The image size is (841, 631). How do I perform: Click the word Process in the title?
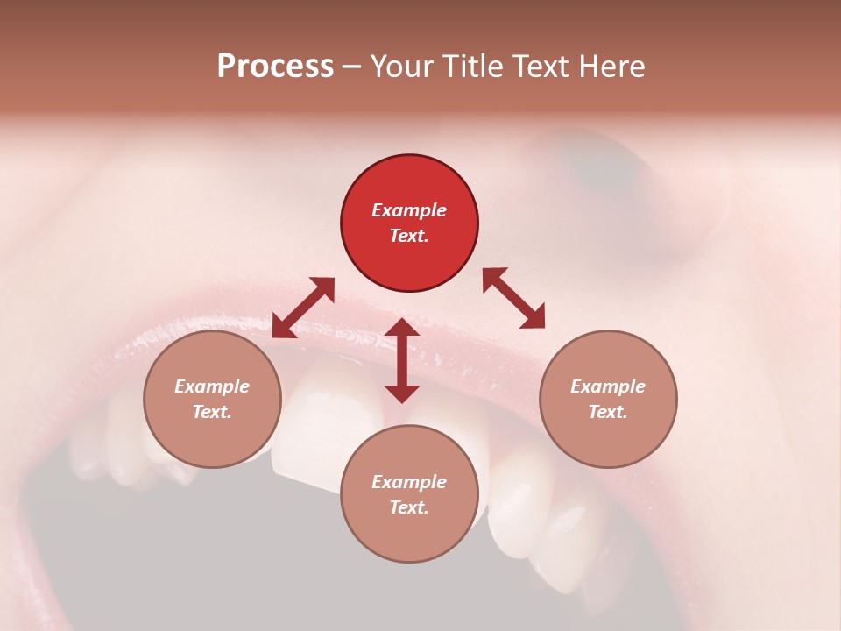click(275, 67)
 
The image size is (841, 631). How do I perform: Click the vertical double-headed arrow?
click(402, 361)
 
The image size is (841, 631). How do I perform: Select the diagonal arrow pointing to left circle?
click(303, 308)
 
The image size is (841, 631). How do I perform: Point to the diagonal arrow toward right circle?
click(513, 298)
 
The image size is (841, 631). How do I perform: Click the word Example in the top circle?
click(409, 210)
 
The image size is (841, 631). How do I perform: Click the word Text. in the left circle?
click(212, 412)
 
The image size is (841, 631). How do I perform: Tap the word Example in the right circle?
click(608, 386)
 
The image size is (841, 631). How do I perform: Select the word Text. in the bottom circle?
click(409, 507)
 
